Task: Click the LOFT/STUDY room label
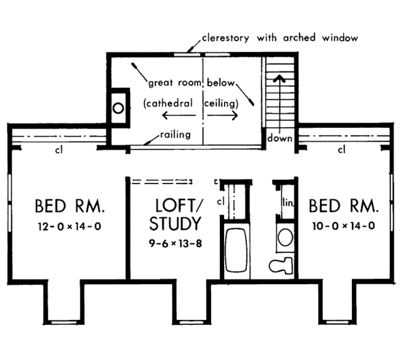pos(177,214)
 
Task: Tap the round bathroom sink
pos(286,238)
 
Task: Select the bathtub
pos(237,252)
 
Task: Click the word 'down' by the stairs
pos(279,139)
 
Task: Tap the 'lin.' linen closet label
pos(286,201)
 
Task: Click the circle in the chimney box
pos(118,107)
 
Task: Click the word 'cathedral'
pos(168,104)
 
